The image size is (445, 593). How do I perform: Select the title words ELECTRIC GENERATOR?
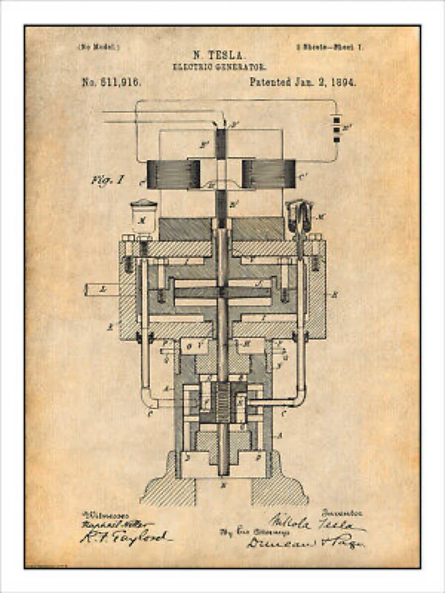[x=219, y=67]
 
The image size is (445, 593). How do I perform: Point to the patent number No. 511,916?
[x=112, y=82]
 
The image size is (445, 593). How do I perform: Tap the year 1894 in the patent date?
[x=344, y=82]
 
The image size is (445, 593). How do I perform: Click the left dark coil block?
[x=173, y=174]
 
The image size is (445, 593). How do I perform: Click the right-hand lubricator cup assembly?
[x=300, y=216]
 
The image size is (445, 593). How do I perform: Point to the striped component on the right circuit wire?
[x=336, y=128]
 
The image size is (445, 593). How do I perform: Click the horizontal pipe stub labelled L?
[x=101, y=290]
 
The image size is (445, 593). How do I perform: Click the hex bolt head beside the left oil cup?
[x=129, y=238]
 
